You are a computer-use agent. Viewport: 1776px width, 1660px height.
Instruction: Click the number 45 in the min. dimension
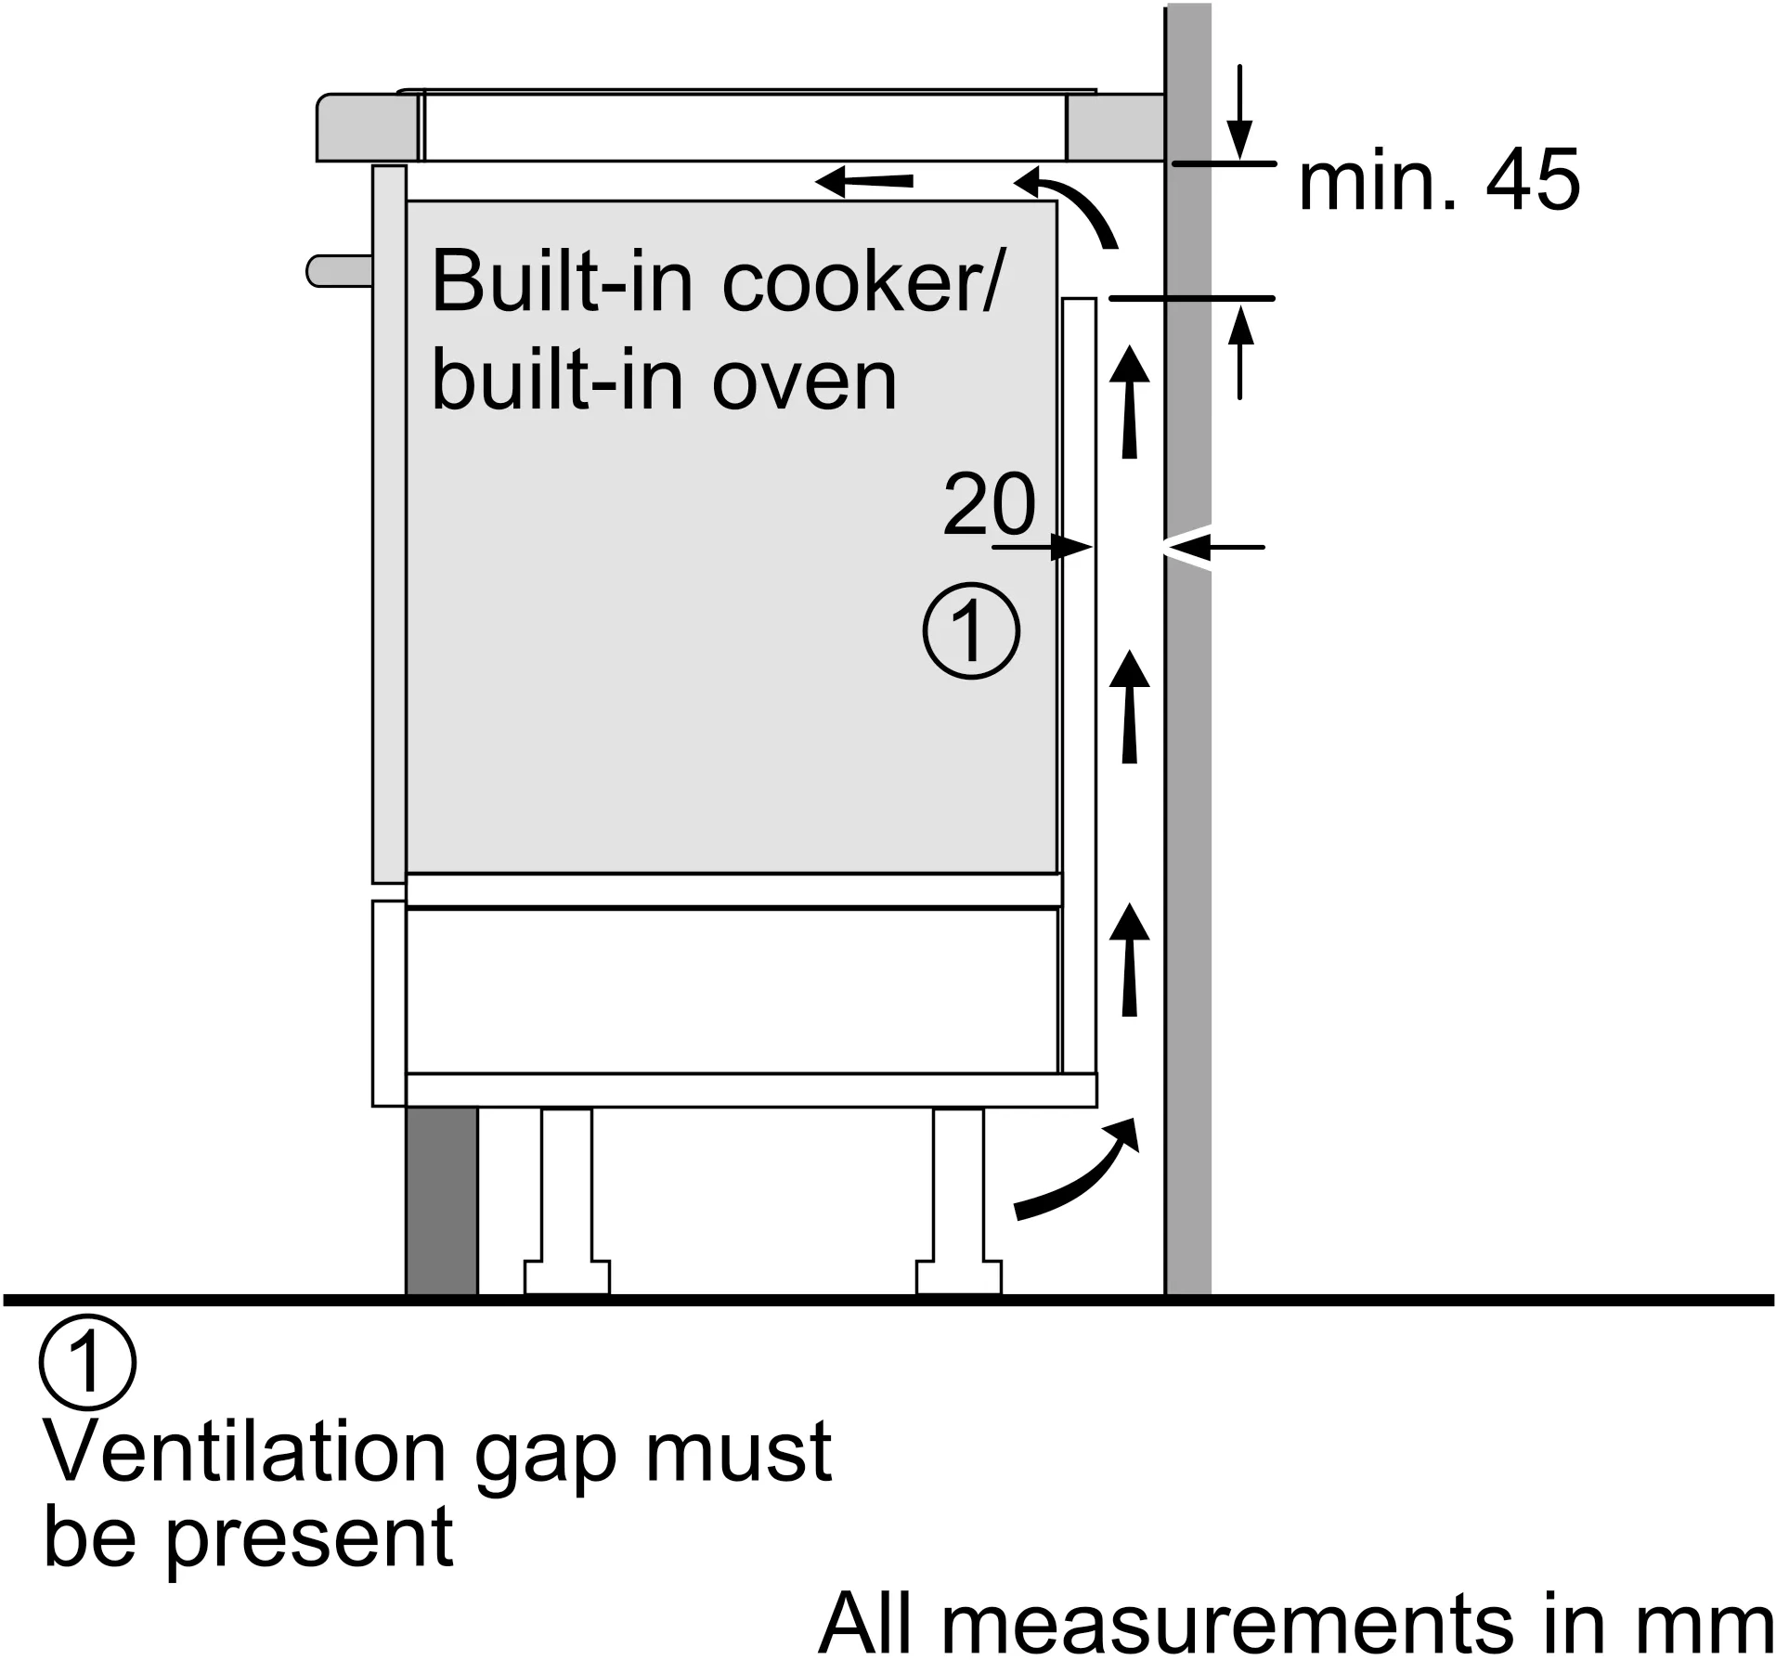(1533, 181)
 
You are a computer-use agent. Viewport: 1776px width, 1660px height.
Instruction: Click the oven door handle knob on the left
(339, 271)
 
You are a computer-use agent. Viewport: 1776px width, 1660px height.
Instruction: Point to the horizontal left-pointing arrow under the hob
(864, 182)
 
